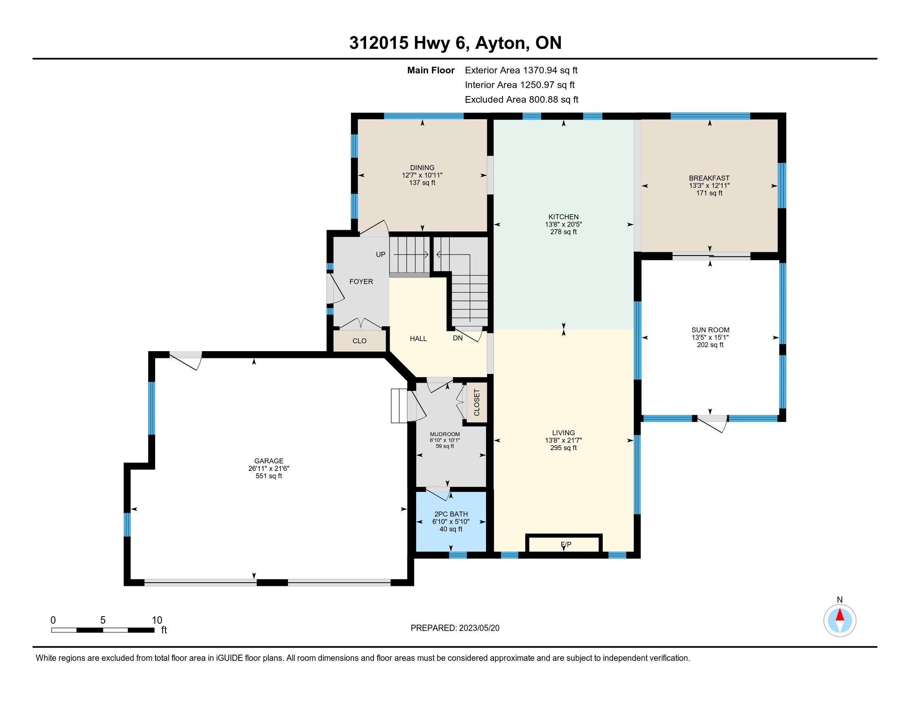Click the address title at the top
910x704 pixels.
455,43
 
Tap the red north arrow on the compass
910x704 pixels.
840,615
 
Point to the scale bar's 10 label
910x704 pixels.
157,620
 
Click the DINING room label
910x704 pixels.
422,168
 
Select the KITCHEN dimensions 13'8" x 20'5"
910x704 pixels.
563,224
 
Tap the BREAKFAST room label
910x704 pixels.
709,178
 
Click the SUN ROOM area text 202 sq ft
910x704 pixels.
710,345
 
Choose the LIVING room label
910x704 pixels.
563,433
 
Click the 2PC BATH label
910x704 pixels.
451,514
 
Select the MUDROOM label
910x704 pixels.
445,434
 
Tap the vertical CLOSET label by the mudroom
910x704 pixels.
477,403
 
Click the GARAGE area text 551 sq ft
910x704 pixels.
269,476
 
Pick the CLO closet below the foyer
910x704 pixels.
359,341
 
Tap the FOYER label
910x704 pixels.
361,282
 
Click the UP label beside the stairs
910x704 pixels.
381,254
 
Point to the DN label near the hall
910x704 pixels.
457,338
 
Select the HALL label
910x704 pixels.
418,339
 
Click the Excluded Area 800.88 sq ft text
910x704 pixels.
522,100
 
